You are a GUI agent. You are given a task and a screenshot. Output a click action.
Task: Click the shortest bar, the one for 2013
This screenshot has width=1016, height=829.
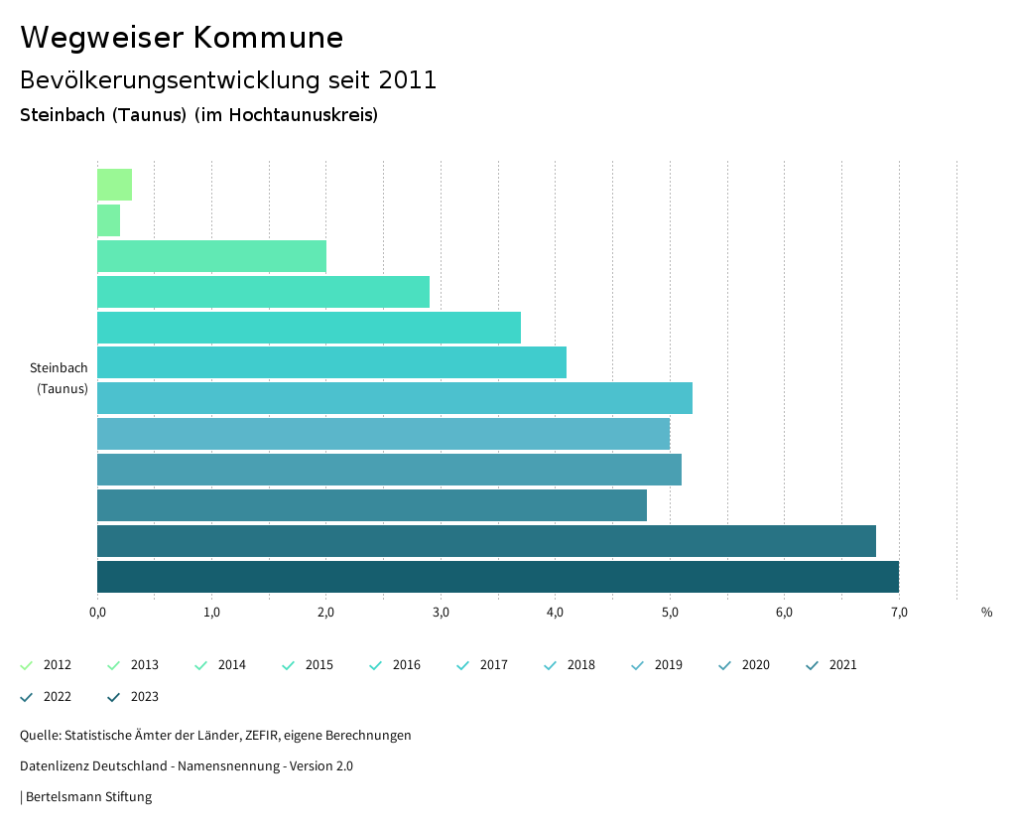pyautogui.click(x=108, y=220)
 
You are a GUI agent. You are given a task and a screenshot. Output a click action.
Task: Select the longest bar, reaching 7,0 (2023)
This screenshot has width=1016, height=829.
pyautogui.click(x=497, y=577)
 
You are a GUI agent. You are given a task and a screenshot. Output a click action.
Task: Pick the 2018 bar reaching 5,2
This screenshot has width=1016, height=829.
pyautogui.click(x=394, y=398)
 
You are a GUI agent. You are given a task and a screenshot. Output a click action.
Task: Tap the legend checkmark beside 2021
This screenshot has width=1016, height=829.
pyautogui.click(x=813, y=665)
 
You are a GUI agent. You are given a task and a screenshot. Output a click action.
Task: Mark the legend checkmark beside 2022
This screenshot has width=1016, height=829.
pyautogui.click(x=27, y=697)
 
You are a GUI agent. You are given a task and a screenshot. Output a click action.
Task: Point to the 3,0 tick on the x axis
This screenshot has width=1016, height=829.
pyautogui.click(x=441, y=612)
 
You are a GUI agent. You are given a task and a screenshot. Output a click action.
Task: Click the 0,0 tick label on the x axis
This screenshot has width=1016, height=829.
pyautogui.click(x=97, y=612)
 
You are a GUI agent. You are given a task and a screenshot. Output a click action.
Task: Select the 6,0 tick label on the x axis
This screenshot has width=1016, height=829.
pyautogui.click(x=784, y=612)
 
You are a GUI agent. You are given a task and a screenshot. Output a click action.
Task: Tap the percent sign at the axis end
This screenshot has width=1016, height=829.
pyautogui.click(x=986, y=612)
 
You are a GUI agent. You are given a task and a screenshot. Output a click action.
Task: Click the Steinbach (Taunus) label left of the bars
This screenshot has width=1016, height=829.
pyautogui.click(x=60, y=378)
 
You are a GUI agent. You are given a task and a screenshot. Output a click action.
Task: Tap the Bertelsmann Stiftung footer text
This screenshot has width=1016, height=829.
pyautogui.click(x=88, y=796)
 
